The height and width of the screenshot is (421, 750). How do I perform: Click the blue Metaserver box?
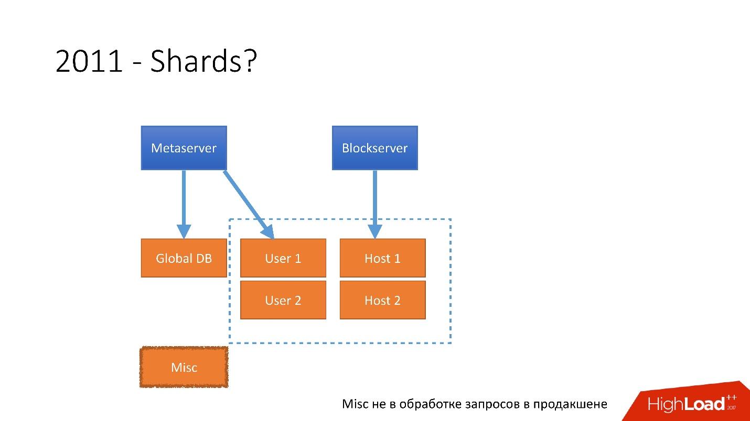coord(184,148)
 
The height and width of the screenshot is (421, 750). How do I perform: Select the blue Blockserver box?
coord(374,148)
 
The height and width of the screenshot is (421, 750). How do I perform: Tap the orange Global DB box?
coord(184,258)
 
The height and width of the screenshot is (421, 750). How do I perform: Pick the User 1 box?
coord(283,258)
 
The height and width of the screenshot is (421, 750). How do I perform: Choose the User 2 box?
coord(283,300)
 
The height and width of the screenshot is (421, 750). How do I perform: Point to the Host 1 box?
coord(382,258)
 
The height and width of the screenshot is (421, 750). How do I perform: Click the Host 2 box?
coord(382,300)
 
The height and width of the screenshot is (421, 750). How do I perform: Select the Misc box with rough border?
coord(184,367)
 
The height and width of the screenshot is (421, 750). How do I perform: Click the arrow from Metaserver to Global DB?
coord(184,202)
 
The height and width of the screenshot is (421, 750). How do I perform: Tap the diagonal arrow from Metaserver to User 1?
coord(248,203)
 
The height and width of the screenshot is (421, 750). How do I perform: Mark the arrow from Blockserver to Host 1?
coord(374,202)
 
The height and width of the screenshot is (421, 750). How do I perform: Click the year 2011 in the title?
coord(88,62)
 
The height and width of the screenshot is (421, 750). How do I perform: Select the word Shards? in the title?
coord(203,62)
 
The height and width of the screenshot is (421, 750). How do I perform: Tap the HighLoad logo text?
coord(686,404)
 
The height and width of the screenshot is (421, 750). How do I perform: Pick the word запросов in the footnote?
coord(492,404)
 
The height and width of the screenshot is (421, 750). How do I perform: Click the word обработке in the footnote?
coord(430,404)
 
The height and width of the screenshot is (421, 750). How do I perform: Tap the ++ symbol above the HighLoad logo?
coord(732,398)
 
